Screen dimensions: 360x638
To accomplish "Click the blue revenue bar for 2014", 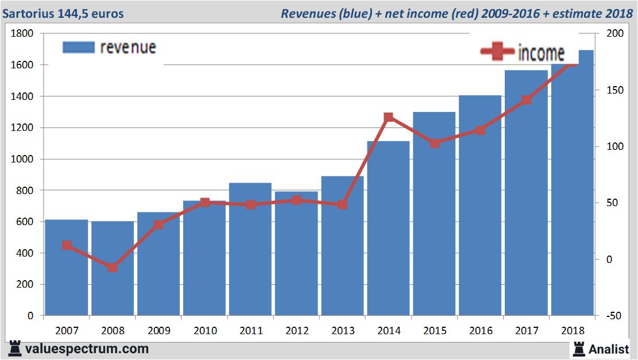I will [x=388, y=230].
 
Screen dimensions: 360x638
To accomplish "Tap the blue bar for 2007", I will [x=67, y=270].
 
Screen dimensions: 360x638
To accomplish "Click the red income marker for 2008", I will [x=113, y=268].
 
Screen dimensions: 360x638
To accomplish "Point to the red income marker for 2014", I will [x=388, y=117].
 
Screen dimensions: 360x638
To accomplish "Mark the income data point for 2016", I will [x=480, y=130].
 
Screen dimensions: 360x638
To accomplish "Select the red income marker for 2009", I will [x=158, y=224].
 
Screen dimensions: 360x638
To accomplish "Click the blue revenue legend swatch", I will [x=78, y=47].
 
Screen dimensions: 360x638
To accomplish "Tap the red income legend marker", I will [x=497, y=52].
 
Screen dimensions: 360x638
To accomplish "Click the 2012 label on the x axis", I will [x=296, y=331].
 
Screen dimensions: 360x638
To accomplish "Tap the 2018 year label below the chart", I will [x=572, y=331].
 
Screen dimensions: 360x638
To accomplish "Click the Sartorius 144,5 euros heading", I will [x=63, y=13].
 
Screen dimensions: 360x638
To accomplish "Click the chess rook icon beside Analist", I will [x=578, y=348].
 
